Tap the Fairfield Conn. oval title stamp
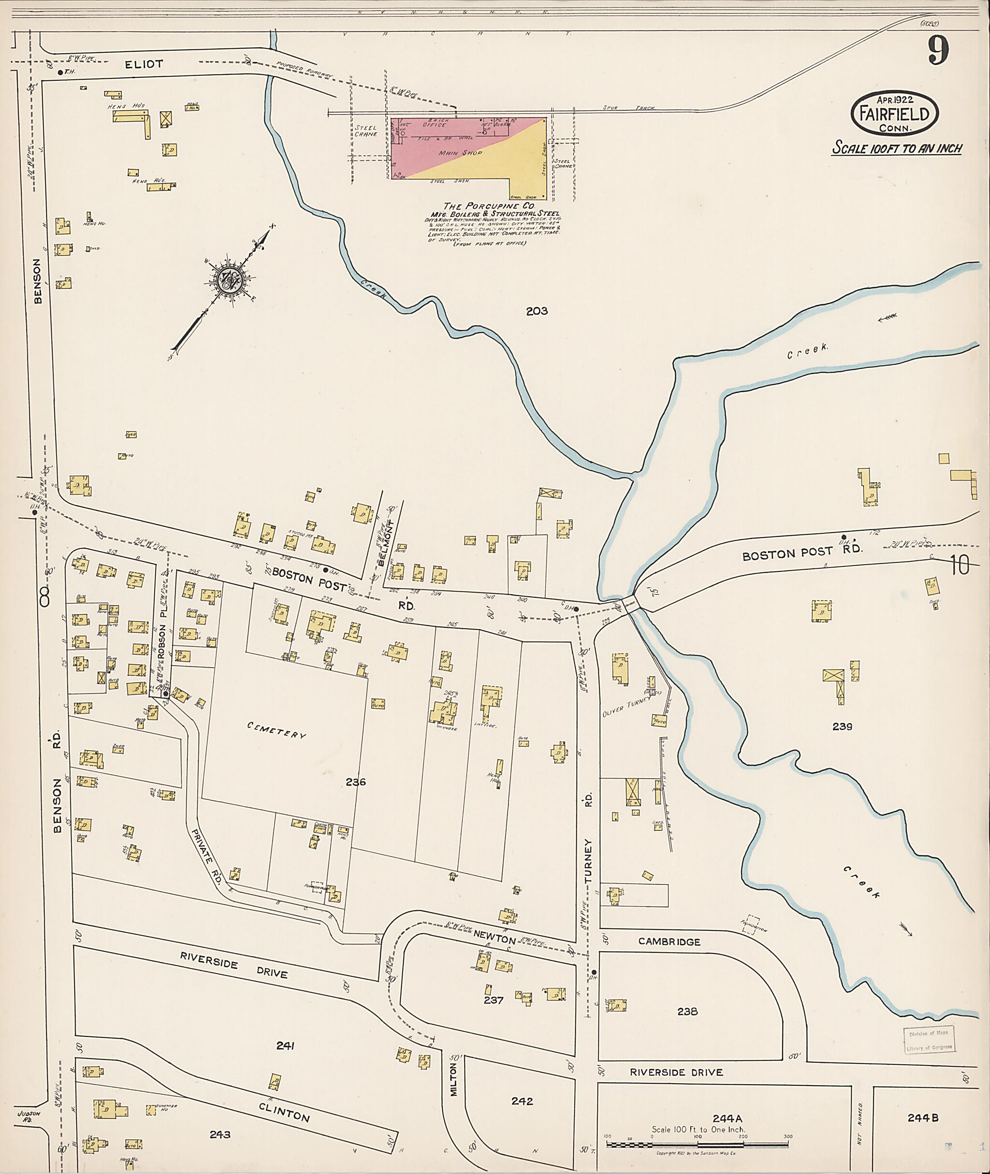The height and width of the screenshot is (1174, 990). (x=895, y=114)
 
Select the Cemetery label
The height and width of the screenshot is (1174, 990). (x=277, y=730)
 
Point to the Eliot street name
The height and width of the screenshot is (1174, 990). (x=144, y=65)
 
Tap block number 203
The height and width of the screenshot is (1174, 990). (x=537, y=311)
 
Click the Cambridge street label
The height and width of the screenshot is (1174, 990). (x=669, y=942)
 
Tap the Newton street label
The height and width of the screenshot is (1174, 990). (x=494, y=940)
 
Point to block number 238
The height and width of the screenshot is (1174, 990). (x=687, y=1011)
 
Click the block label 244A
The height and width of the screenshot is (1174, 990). (x=728, y=1117)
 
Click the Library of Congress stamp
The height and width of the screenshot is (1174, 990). (x=929, y=1040)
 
